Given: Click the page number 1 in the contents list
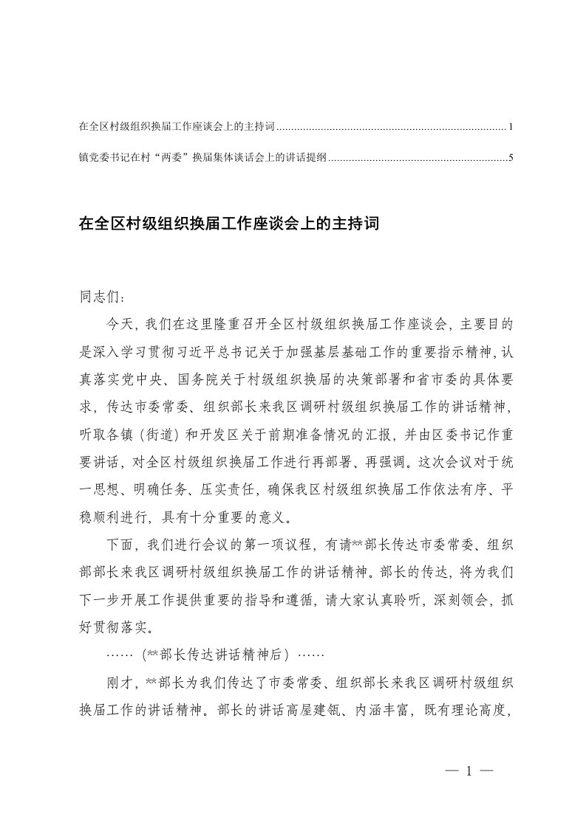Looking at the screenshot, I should [511, 128].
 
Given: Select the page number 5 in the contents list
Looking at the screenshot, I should [511, 157].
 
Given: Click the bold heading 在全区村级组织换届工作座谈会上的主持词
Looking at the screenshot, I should [228, 223].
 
